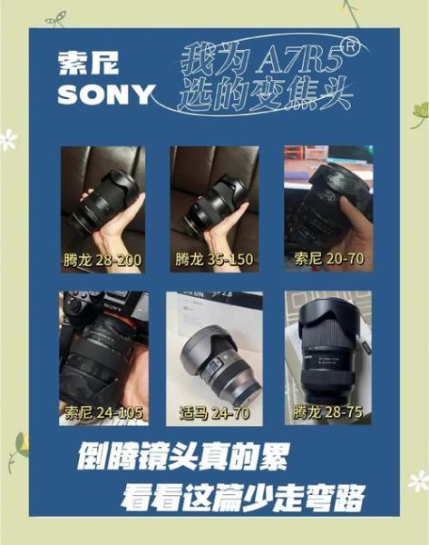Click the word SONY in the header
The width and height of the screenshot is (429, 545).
105,94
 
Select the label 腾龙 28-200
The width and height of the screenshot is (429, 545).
103,260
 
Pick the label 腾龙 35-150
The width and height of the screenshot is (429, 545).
214,260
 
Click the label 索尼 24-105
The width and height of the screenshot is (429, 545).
103,413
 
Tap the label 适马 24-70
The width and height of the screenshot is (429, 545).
214,413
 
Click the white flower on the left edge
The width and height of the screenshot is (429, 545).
8,139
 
